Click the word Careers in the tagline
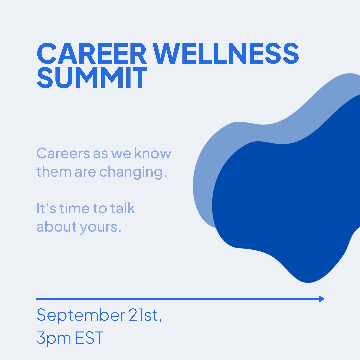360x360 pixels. (63, 154)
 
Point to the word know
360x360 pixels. (153, 154)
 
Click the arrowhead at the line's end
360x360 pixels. (321, 299)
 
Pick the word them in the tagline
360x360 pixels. (54, 172)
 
